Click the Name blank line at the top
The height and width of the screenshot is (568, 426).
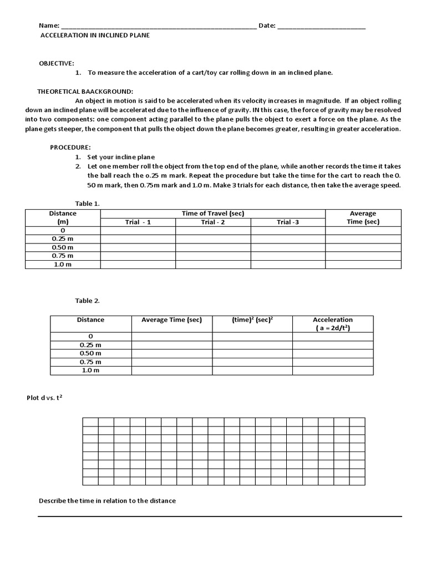tap(159, 27)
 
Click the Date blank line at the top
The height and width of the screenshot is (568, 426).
tap(321, 27)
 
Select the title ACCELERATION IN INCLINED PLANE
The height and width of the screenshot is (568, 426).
tap(95, 35)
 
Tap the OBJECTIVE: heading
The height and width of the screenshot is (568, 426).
tap(56, 63)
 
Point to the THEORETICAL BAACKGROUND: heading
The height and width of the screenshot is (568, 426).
tap(85, 91)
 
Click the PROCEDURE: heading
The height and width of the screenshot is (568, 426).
tap(70, 148)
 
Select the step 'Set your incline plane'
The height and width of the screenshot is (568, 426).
tap(121, 157)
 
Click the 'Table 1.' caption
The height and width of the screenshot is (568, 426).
tap(88, 203)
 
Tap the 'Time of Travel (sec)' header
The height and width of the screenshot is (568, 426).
tap(213, 214)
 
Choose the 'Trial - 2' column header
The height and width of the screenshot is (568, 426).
tap(213, 222)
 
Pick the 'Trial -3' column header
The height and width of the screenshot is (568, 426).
tap(288, 222)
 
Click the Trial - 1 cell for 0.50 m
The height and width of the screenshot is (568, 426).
tap(138, 247)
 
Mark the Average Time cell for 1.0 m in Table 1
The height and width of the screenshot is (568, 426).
tap(363, 265)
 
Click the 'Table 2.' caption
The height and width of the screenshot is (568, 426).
tap(88, 301)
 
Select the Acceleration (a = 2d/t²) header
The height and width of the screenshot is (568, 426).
tap(333, 323)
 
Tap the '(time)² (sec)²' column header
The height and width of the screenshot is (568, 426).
tap(252, 320)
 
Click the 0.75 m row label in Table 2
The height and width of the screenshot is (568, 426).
tap(91, 362)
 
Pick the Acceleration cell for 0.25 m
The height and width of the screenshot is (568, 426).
tap(333, 344)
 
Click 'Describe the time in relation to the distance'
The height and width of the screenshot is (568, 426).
tap(107, 500)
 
